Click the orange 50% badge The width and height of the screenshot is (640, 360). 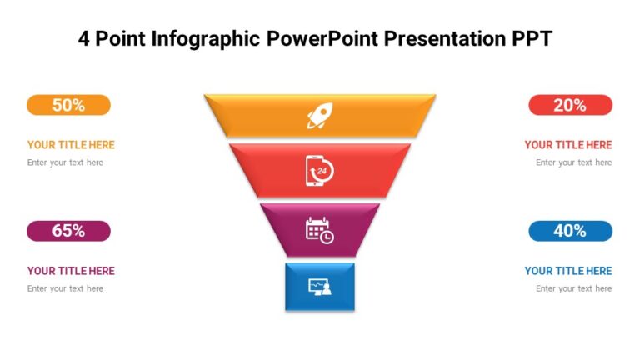(x=68, y=105)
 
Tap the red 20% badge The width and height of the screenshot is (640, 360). (x=570, y=105)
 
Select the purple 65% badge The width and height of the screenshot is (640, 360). (x=68, y=231)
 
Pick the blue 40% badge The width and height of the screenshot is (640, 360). (x=570, y=231)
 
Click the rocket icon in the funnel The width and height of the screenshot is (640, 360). (x=320, y=116)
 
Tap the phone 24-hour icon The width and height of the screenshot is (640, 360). (x=320, y=171)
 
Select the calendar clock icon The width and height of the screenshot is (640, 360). (x=320, y=229)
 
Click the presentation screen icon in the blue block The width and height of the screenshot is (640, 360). (x=320, y=287)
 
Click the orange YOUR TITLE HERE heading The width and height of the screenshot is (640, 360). (x=71, y=145)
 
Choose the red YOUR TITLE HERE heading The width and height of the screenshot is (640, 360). (x=567, y=145)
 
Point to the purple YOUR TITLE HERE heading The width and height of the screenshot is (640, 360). (x=71, y=271)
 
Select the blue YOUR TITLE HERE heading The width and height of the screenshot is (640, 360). (x=567, y=271)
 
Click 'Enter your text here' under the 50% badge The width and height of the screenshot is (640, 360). (x=65, y=162)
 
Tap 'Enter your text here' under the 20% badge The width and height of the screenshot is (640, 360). (x=573, y=162)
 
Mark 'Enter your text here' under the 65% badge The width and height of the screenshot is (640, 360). (x=65, y=288)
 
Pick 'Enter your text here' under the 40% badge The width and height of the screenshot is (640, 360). (x=573, y=288)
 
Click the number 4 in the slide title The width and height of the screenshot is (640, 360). (x=84, y=39)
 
